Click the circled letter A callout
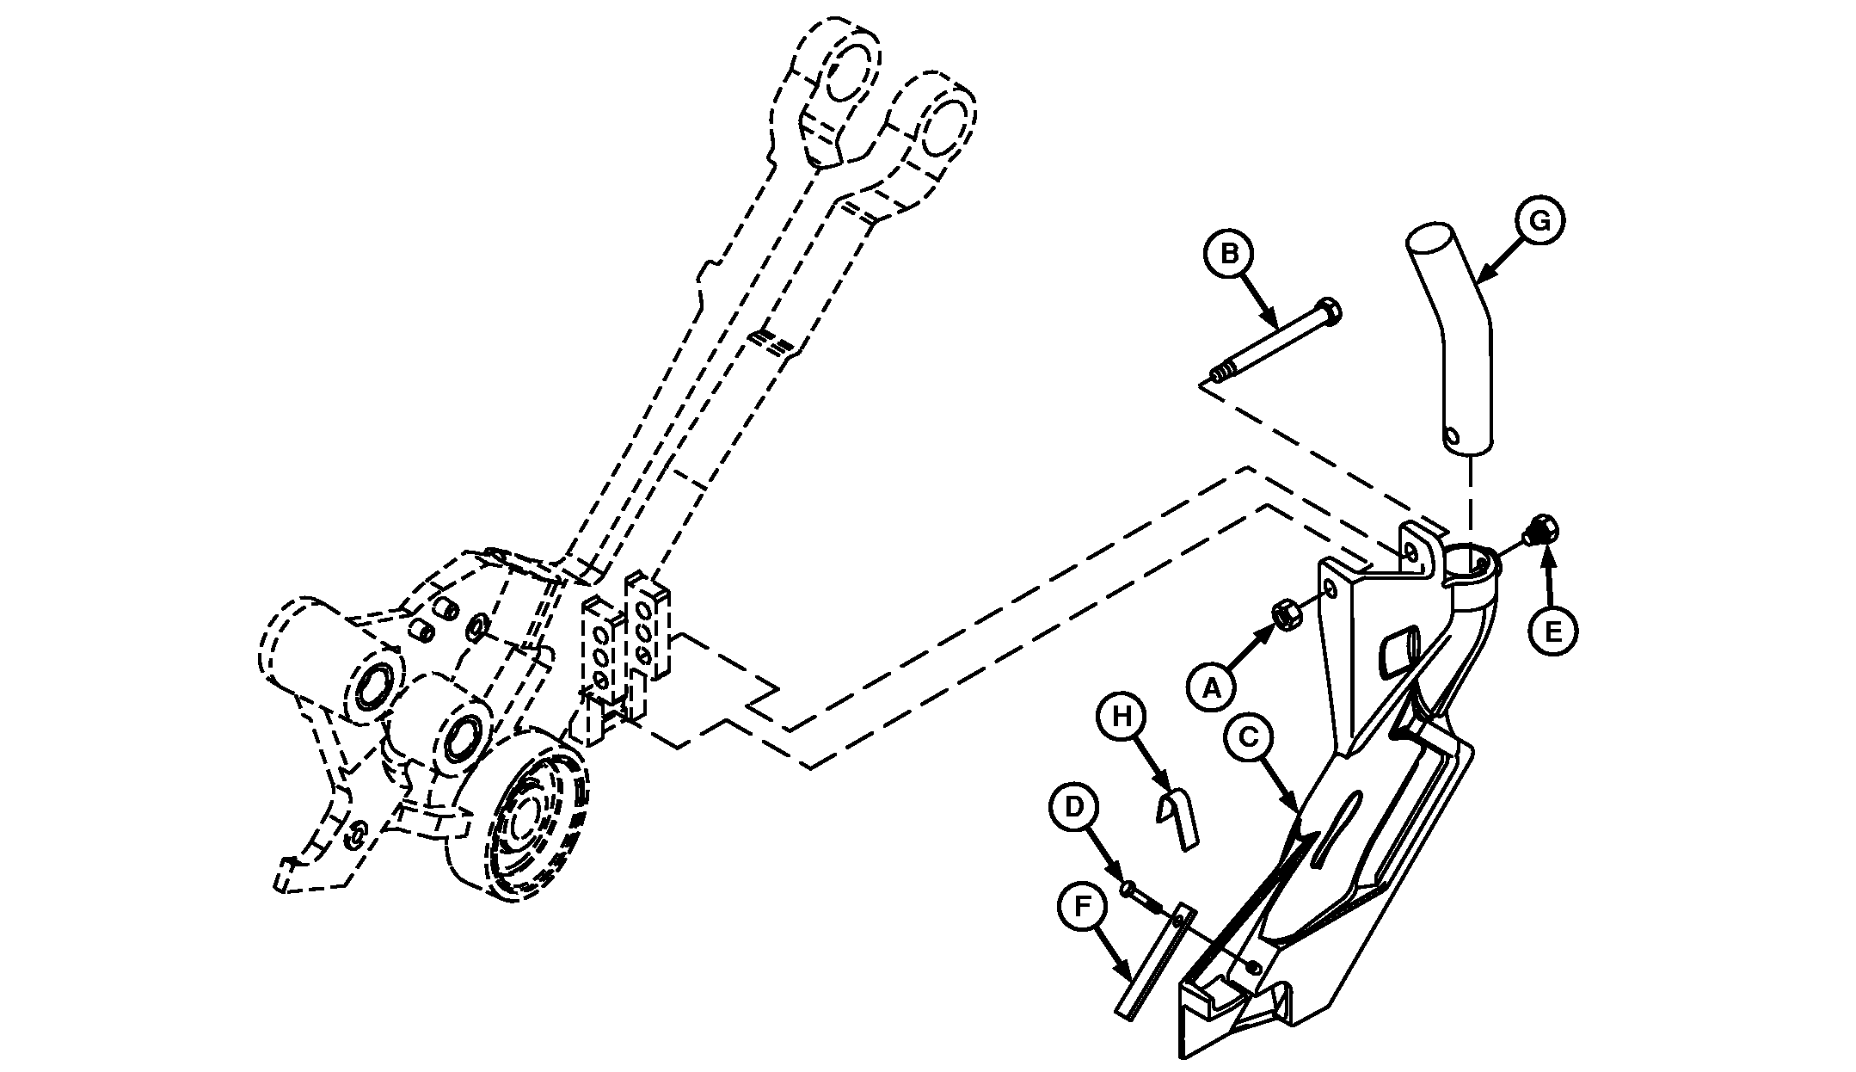click(1210, 687)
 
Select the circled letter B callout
click(1229, 254)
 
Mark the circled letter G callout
click(1540, 221)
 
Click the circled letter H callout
click(1121, 716)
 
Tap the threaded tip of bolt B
click(1216, 374)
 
